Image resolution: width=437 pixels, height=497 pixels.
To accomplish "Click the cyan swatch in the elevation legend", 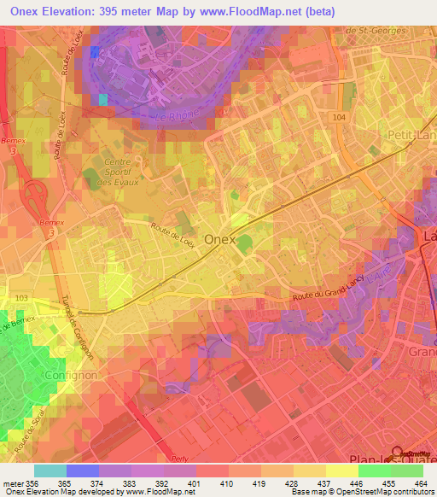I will pyautogui.click(x=50, y=471).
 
